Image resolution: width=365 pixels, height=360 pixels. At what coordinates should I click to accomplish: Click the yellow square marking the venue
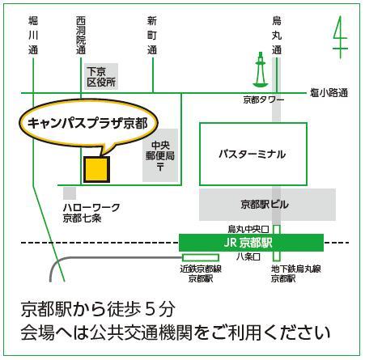coord(96,170)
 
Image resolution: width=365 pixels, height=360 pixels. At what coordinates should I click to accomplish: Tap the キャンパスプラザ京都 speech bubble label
coord(87,124)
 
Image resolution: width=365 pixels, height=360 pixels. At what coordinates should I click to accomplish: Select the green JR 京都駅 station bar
coord(251,243)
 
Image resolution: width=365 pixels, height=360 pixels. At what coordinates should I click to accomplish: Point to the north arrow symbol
coord(340,37)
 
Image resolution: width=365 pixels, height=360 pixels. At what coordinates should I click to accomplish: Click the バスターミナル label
coord(253,155)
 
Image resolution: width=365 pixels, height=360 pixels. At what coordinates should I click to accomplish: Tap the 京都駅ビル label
coord(265,205)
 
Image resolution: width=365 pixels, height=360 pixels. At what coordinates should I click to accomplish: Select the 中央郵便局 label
coord(160,155)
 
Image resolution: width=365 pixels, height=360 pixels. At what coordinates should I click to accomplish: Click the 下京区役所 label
coord(101,77)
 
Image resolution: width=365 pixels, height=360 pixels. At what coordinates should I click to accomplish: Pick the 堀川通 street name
coord(33,36)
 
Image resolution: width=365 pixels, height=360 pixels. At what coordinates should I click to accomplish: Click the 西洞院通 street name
coord(81,36)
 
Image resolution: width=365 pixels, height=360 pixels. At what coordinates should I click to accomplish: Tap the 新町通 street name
coord(152,36)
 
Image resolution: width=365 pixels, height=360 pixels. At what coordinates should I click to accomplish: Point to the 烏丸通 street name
coord(277,36)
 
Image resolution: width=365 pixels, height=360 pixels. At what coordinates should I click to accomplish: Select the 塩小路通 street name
coord(329,93)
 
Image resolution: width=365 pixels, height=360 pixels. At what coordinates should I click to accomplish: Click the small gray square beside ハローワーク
coord(70,193)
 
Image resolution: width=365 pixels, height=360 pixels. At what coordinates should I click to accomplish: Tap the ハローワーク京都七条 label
coord(91,213)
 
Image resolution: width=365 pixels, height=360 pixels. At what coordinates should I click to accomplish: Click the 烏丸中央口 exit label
coord(248,229)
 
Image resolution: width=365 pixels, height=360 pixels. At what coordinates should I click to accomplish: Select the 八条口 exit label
coord(248,256)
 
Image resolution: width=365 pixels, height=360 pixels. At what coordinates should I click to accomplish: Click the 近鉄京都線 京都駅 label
coord(201,273)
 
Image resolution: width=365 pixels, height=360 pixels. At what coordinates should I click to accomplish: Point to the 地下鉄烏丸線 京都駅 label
coord(296,273)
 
